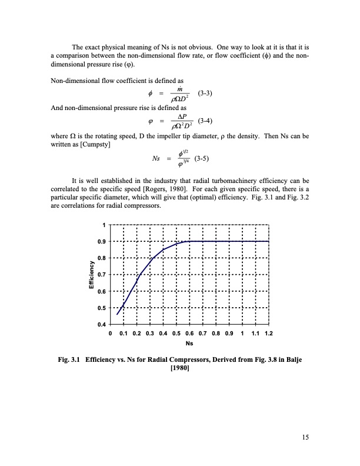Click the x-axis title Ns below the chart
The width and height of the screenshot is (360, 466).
[189, 343]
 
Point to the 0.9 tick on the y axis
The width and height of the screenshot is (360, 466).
[102, 241]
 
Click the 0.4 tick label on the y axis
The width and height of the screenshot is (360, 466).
[102, 324]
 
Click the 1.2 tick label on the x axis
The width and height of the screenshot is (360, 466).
[269, 333]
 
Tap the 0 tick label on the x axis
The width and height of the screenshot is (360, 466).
[111, 333]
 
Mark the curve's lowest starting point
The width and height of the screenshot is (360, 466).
[117, 314]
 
